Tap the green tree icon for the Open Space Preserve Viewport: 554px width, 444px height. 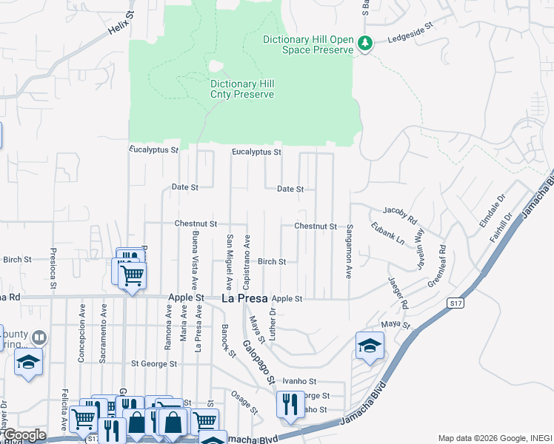364,44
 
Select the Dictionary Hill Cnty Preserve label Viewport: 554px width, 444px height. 241,90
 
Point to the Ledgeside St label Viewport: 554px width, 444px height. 410,36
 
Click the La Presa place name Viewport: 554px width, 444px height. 245,298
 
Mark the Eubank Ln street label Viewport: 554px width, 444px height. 387,234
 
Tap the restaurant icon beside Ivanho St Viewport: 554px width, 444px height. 289,404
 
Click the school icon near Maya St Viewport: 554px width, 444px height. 370,346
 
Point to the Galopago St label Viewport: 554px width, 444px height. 259,362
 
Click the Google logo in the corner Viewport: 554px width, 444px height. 24,435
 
